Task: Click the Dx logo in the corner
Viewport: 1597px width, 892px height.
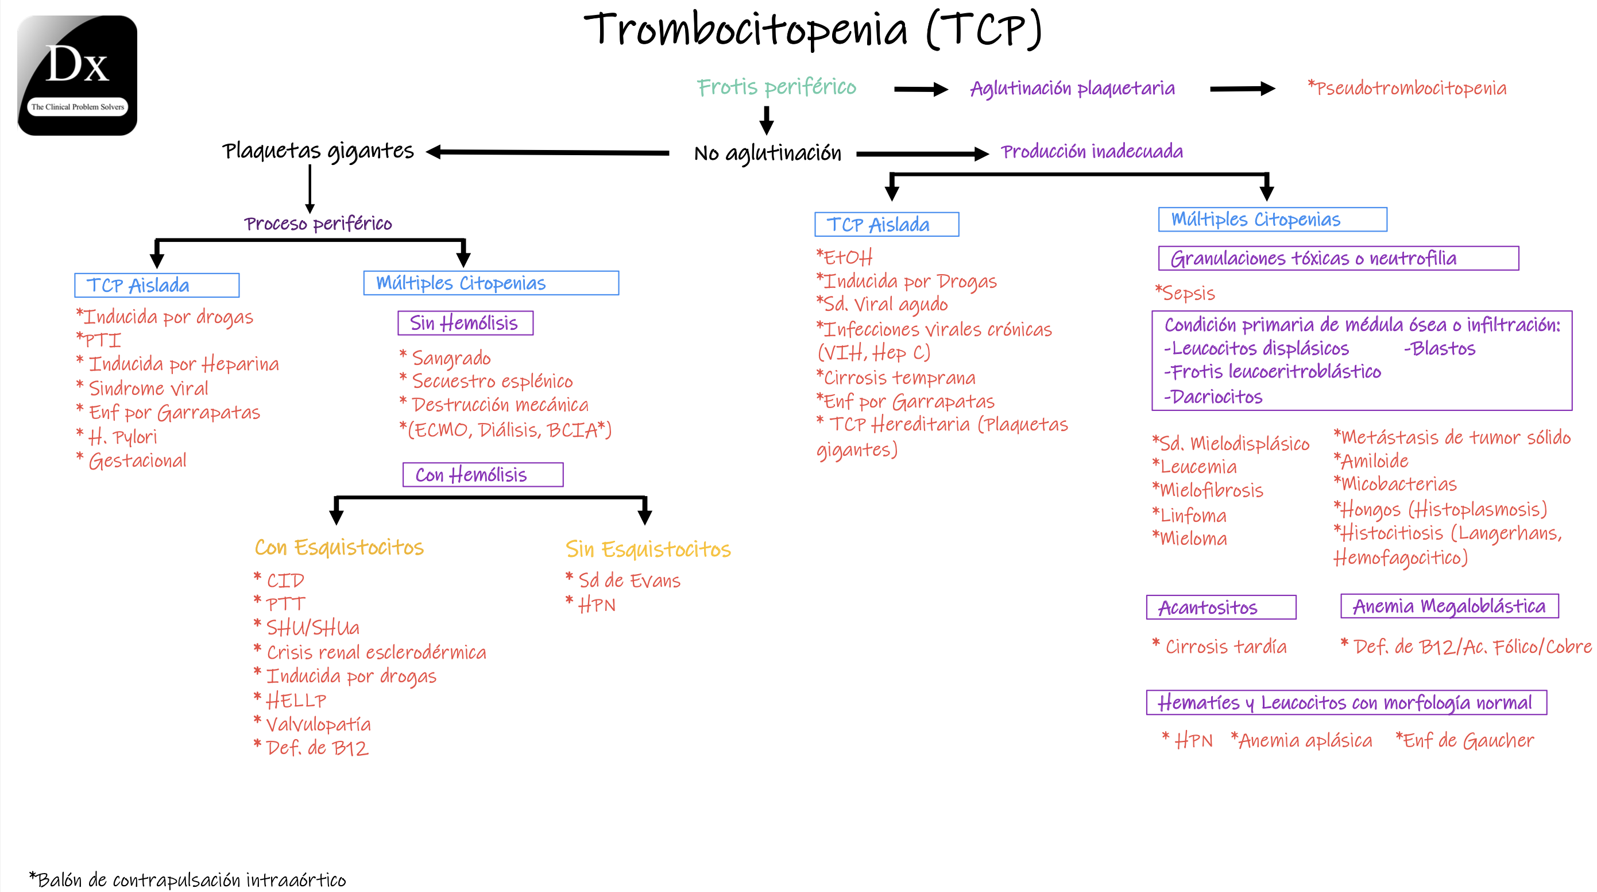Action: click(78, 75)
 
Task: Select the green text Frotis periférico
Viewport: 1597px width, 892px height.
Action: click(776, 87)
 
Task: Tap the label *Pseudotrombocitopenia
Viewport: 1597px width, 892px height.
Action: click(1407, 88)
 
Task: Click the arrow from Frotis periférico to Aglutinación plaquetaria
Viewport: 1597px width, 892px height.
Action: click(920, 89)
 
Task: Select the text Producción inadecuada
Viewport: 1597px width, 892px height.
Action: click(1092, 151)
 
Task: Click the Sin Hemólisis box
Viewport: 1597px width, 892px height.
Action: click(465, 323)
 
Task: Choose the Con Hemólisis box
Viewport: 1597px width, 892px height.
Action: click(482, 475)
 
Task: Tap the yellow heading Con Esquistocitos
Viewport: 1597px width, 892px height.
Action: click(339, 547)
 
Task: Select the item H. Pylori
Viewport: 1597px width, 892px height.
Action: click(122, 437)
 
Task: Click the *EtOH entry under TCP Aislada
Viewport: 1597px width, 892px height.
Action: click(844, 257)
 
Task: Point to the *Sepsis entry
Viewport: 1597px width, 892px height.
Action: click(1185, 293)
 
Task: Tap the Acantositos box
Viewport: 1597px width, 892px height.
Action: click(1221, 608)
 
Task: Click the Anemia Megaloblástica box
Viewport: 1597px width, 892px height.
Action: click(1449, 606)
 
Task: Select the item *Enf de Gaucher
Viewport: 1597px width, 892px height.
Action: click(1464, 740)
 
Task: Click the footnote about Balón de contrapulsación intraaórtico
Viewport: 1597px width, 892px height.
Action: click(188, 879)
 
